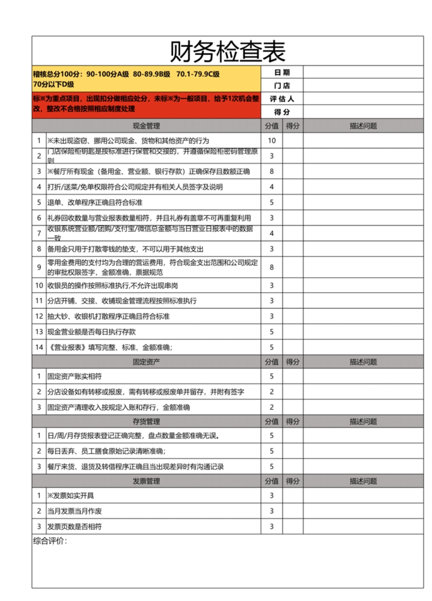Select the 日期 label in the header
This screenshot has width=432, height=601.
point(282,72)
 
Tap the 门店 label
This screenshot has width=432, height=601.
point(282,86)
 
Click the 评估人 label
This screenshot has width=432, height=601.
point(282,99)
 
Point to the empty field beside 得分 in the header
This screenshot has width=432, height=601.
point(363,112)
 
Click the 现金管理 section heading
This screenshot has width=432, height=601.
point(146,126)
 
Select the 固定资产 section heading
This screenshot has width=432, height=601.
point(146,362)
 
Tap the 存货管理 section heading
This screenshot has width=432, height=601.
point(146,421)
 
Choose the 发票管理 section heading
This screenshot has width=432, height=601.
point(146,481)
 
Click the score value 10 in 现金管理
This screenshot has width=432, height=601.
point(272,141)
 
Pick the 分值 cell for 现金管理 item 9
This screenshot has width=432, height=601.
point(272,267)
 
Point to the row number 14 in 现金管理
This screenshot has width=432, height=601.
point(38,347)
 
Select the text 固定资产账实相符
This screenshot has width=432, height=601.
point(75,376)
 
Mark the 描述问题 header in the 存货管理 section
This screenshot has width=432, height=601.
point(363,421)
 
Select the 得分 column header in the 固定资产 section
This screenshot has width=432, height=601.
point(293,362)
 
